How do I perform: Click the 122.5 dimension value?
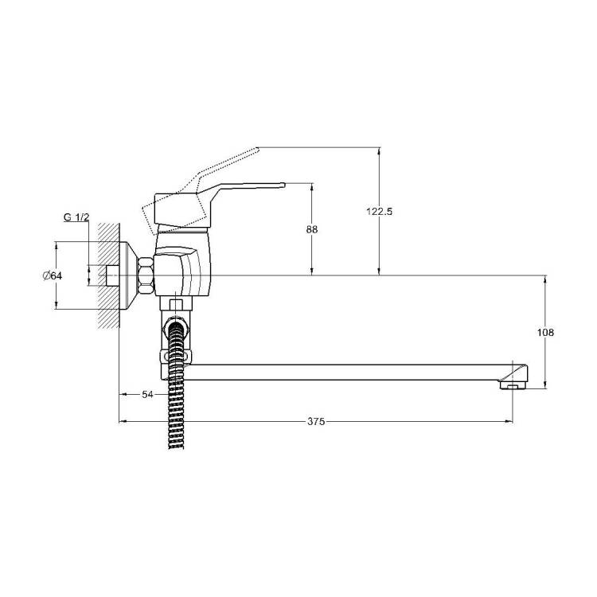(x=379, y=211)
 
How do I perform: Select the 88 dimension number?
(x=312, y=229)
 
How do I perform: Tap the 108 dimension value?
(x=545, y=333)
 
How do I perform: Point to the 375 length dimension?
(x=316, y=421)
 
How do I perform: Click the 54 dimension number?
(x=147, y=395)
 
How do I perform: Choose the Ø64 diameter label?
(x=53, y=275)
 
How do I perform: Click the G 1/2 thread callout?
(x=76, y=217)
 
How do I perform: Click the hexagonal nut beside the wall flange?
(x=146, y=275)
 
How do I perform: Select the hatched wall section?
(x=108, y=275)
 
